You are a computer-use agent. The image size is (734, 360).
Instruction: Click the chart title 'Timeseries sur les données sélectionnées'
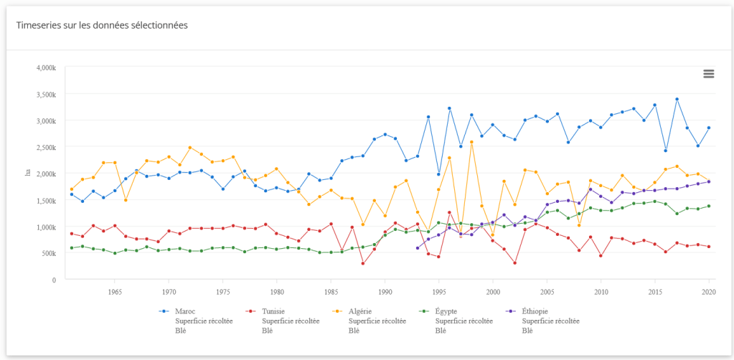point(102,25)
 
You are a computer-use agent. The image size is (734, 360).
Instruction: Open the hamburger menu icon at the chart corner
point(709,74)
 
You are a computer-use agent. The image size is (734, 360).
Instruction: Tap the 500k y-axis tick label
point(47,253)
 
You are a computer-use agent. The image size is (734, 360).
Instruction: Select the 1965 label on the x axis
point(115,292)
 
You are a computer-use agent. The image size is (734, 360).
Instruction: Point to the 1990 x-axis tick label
point(385,292)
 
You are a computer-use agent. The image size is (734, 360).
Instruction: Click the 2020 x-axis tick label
point(709,292)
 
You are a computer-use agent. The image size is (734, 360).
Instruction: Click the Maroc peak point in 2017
point(677,99)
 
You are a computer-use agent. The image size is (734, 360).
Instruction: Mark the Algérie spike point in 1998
point(471,142)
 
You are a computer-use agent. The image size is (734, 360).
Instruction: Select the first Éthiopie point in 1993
point(418,248)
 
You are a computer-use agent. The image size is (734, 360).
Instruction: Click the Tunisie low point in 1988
point(363,263)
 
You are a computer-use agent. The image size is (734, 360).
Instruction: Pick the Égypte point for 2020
point(709,206)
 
